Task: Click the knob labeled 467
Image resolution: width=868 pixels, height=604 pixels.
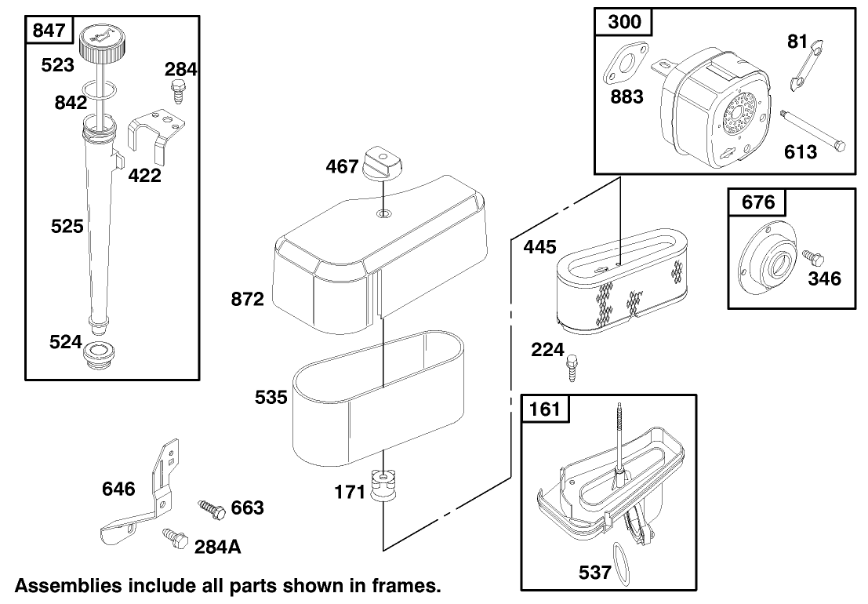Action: pos(382,164)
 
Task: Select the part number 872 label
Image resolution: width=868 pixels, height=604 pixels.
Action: pos(248,298)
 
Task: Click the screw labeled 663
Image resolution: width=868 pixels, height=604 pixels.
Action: pos(211,508)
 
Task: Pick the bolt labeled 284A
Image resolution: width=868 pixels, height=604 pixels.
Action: pos(173,537)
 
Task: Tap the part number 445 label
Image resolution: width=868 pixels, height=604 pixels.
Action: pos(539,247)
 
